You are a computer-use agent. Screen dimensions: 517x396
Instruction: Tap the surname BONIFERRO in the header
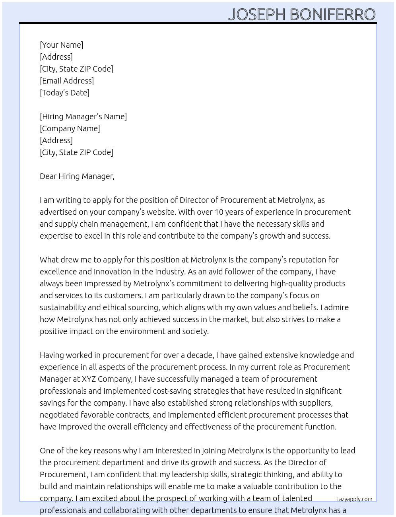point(332,14)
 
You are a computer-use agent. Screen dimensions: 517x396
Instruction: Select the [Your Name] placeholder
point(61,45)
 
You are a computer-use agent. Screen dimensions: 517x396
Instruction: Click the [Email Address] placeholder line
point(67,81)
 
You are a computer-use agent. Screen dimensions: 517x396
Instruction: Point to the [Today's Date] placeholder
point(64,93)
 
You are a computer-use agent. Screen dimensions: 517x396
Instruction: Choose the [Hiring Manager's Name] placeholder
point(83,117)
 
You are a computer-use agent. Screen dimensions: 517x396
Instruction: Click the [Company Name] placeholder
point(70,128)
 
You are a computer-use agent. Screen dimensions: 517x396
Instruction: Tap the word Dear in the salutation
point(48,176)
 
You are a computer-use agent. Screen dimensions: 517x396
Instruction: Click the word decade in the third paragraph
point(200,355)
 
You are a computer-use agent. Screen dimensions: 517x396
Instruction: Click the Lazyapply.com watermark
point(354,499)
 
